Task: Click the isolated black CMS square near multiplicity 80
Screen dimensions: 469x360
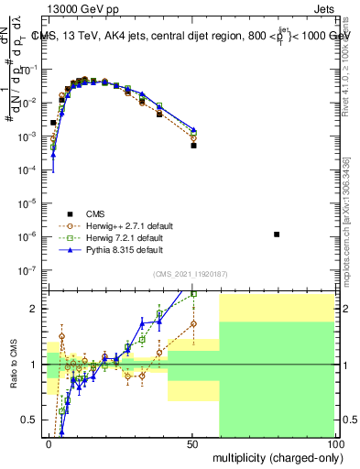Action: (x=277, y=234)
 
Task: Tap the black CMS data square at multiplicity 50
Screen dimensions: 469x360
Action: (x=193, y=145)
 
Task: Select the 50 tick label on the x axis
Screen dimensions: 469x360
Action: (x=192, y=442)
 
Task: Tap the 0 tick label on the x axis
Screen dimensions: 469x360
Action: (x=49, y=442)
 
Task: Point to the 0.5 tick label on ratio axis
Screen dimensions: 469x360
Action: (x=31, y=420)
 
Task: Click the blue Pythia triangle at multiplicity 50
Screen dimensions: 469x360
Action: (x=193, y=130)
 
